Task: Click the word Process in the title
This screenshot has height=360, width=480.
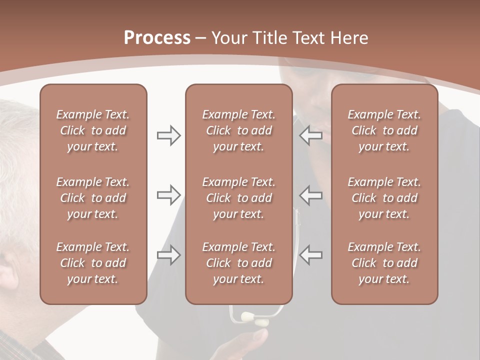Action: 157,38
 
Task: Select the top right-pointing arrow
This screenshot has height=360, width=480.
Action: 168,135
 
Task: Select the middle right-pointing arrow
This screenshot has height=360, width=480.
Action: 168,195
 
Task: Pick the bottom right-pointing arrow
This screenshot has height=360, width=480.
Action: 168,255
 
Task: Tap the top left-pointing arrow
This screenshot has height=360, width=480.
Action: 311,135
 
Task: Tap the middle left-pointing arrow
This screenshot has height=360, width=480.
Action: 311,195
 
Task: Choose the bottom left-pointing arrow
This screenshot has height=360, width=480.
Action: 311,255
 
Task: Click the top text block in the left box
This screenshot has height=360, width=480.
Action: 93,130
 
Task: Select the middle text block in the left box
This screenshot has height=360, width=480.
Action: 93,198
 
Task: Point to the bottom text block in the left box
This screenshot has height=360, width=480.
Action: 93,263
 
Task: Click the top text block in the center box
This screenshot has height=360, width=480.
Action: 238,130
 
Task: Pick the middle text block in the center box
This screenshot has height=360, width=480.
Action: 238,198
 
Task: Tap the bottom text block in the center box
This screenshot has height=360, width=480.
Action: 238,263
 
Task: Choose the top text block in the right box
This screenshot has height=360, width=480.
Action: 384,130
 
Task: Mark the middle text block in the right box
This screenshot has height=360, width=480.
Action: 384,198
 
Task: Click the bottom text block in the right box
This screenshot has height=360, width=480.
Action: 384,263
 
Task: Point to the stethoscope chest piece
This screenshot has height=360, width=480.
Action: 253,318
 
